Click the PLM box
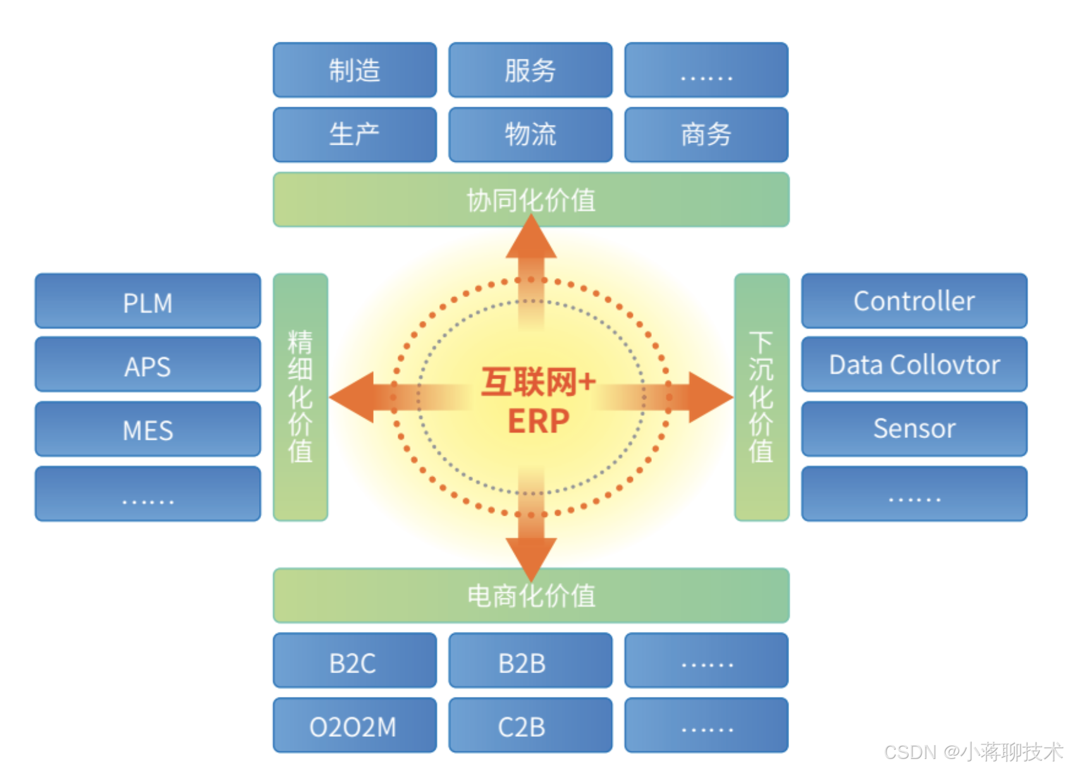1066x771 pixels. click(x=147, y=301)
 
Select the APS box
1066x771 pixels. click(x=147, y=365)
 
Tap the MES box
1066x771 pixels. click(x=147, y=430)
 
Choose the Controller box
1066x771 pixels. click(x=914, y=301)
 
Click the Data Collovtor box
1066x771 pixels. click(x=914, y=365)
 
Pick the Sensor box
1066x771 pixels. click(x=914, y=428)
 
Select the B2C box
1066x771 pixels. click(x=354, y=661)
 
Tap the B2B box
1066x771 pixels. click(x=530, y=661)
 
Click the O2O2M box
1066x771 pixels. click(x=354, y=725)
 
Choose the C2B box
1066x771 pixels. click(x=530, y=725)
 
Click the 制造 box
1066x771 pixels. click(x=354, y=70)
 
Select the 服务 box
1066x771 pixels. click(x=530, y=70)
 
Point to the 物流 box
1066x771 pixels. click(x=530, y=135)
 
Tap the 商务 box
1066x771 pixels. click(x=706, y=135)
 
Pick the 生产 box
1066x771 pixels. click(x=354, y=135)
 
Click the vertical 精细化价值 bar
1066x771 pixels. click(x=300, y=397)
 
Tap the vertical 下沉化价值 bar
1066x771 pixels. click(x=761, y=397)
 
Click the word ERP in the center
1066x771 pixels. click(x=538, y=421)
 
